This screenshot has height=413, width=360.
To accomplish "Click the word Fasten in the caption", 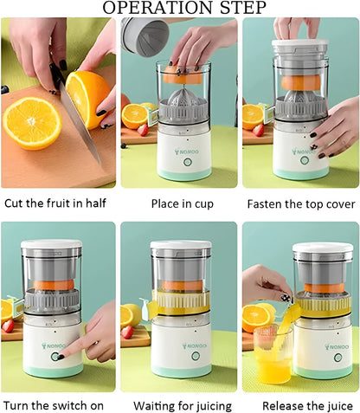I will (267, 203).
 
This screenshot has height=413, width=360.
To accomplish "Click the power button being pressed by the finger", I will (57, 356).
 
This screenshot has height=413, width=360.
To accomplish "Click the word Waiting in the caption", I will (157, 405).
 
